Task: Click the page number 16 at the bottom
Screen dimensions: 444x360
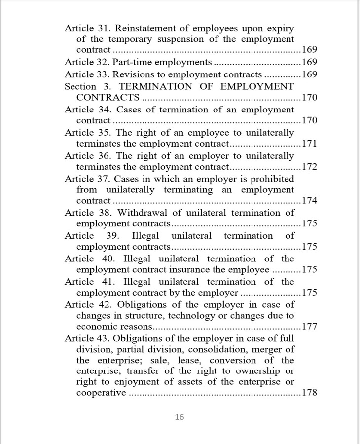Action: tap(180, 417)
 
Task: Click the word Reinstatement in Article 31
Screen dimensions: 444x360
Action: tap(149, 28)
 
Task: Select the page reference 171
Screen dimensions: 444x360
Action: tap(309, 144)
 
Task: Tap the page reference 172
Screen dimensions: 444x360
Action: tap(309, 167)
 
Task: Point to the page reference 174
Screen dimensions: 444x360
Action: tap(309, 201)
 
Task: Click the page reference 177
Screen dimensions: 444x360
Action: tap(309, 326)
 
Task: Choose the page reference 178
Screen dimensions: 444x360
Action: tap(309, 393)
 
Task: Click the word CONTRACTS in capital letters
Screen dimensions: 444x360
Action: tap(108, 98)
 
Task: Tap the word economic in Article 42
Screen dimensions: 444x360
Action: tap(97, 326)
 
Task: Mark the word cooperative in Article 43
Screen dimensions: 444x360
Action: tap(101, 393)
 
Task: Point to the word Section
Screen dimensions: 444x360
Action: tap(80, 86)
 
